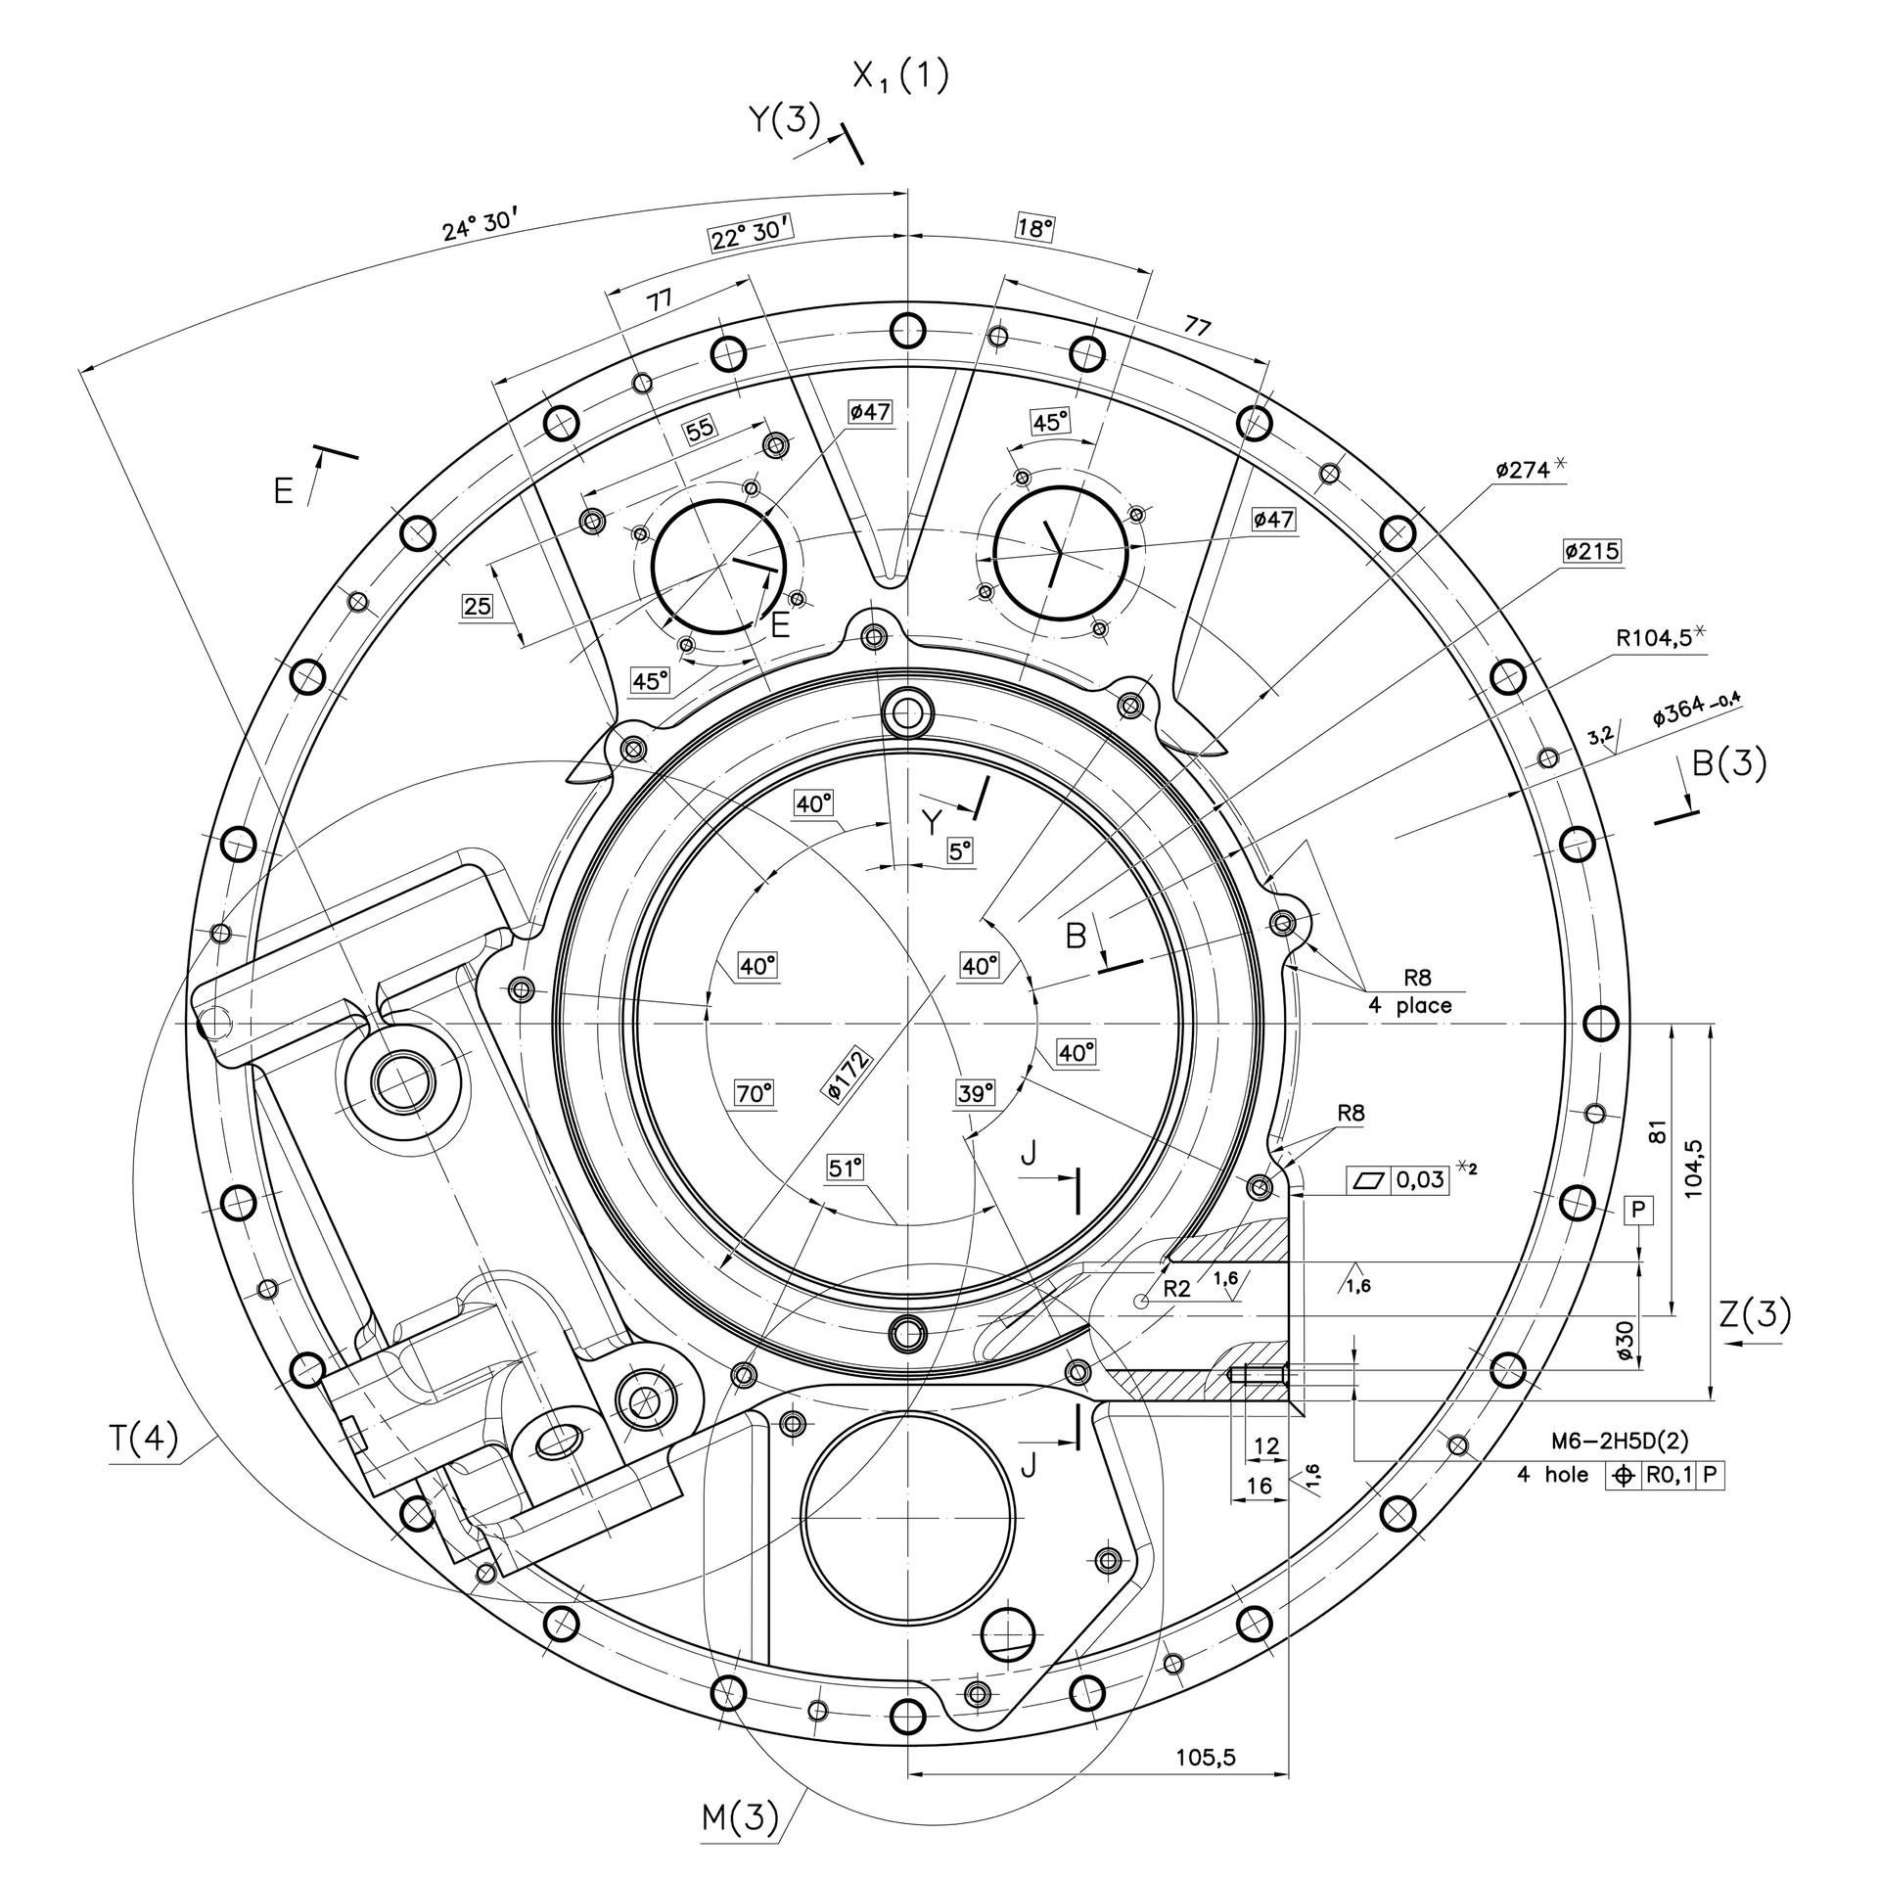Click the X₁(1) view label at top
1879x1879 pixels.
tap(899, 76)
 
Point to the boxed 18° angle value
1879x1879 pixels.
tap(1035, 229)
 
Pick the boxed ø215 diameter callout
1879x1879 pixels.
tap(1591, 552)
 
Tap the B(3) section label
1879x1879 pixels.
tap(1729, 764)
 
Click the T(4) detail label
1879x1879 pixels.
tap(143, 1440)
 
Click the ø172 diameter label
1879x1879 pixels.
tap(848, 1075)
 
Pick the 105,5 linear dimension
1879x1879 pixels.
tap(1206, 1758)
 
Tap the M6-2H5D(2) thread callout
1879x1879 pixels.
tap(1620, 1441)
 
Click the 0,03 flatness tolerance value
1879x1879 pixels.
tap(1420, 1180)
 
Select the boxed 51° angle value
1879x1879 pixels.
tap(846, 1169)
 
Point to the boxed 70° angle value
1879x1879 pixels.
tap(755, 1093)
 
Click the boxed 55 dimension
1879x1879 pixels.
tap(700, 431)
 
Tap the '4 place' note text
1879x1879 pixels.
tap(1410, 1005)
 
